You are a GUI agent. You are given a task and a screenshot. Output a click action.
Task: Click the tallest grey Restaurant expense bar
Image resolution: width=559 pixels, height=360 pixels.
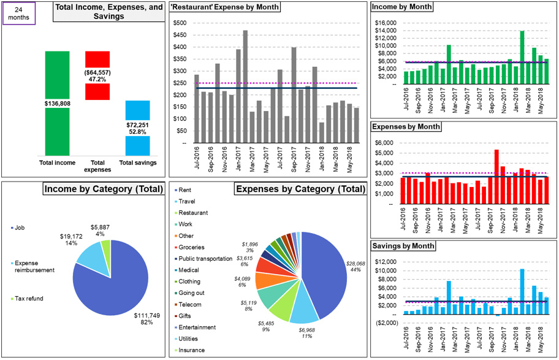point(245,86)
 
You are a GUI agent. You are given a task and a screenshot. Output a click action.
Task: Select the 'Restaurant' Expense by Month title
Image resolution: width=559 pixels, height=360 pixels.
point(225,7)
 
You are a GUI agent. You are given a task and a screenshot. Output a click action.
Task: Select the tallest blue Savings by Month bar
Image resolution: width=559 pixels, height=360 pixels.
point(522,291)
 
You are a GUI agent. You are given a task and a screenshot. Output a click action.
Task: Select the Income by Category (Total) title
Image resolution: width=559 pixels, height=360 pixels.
point(103,189)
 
